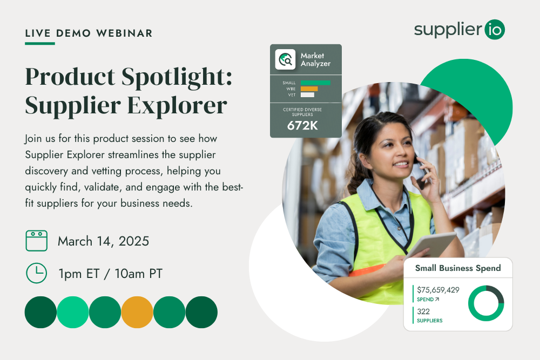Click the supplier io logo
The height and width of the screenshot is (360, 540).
coord(459,30)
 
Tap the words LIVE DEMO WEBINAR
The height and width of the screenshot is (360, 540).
coord(89,33)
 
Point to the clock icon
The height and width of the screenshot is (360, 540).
coord(37,273)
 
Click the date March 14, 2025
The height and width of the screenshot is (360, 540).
coord(103,241)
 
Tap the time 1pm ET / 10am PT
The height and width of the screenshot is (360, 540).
coord(110,274)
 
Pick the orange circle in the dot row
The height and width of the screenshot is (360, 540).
coord(137,312)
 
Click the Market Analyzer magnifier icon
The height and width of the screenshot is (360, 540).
coord(285,59)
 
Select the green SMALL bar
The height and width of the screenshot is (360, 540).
coord(315,83)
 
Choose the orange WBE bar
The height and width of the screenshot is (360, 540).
coord(309,89)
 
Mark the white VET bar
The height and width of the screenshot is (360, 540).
coord(307,95)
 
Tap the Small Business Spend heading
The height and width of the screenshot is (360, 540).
coord(457,268)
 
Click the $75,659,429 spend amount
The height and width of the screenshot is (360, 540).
coord(438,290)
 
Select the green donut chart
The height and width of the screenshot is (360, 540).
coord(486,303)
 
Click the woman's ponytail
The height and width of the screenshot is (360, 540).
coord(354,173)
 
